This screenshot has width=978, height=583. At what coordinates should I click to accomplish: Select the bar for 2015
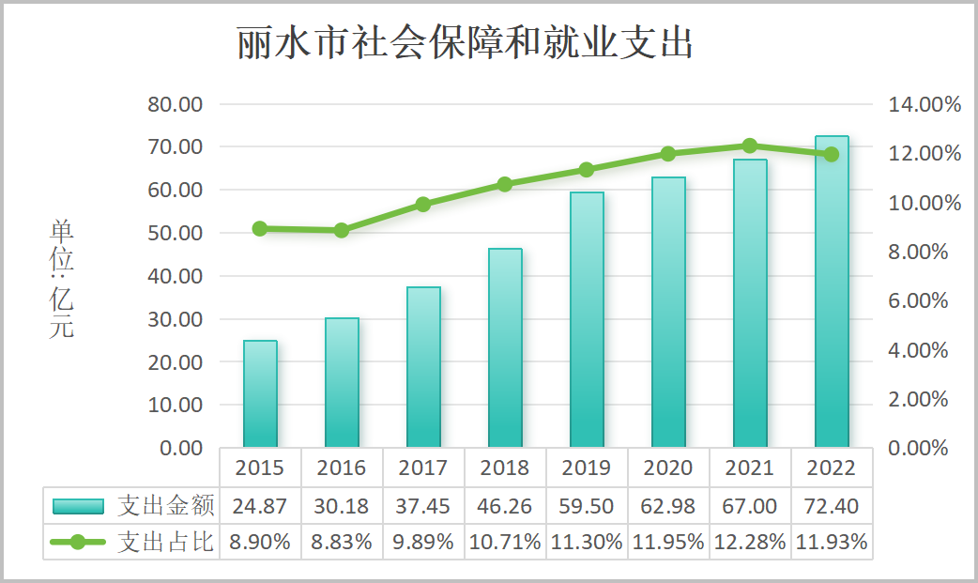[260, 394]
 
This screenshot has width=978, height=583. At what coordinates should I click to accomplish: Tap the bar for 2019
[587, 320]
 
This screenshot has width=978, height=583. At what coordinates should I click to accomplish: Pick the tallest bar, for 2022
[832, 292]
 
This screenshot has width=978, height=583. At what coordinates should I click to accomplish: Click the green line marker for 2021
[750, 146]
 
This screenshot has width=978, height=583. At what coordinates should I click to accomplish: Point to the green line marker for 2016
[342, 231]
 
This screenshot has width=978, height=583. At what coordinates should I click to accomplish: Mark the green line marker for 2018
[505, 185]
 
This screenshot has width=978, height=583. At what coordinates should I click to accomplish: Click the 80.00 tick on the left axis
[176, 104]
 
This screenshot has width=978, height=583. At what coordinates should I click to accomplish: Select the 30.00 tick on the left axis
[176, 319]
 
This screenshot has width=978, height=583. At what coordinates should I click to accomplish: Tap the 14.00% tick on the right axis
[925, 104]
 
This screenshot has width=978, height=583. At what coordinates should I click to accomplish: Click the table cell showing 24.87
[260, 506]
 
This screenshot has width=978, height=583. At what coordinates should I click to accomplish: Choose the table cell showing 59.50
[587, 506]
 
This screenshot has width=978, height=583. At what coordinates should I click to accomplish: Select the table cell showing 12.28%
[750, 542]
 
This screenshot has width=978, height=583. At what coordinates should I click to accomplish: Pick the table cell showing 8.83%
[342, 542]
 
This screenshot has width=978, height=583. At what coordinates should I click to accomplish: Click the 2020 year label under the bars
[668, 468]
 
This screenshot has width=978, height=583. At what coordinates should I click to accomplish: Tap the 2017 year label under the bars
[423, 468]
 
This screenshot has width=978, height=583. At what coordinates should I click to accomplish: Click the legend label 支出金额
[166, 506]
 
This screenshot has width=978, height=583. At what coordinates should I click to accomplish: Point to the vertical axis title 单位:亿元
[62, 279]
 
